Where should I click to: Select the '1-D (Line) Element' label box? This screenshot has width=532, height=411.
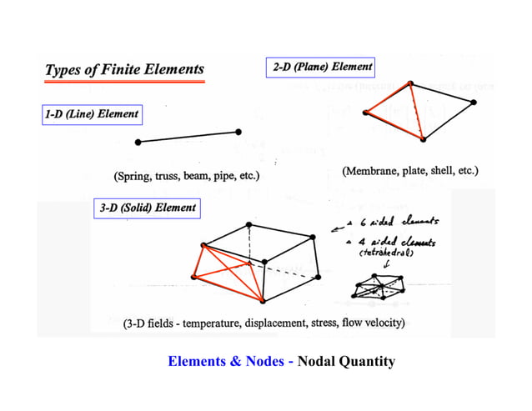[x=92, y=113]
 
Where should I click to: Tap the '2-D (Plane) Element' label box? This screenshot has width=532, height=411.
[x=321, y=66]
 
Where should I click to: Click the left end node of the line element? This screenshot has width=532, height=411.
[x=138, y=143]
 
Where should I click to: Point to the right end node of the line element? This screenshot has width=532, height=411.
[x=239, y=132]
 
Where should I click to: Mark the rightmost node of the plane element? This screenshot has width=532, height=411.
[x=473, y=103]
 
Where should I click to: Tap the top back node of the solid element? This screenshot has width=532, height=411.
[x=249, y=225]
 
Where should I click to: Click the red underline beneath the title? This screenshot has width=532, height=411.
[x=123, y=82]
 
